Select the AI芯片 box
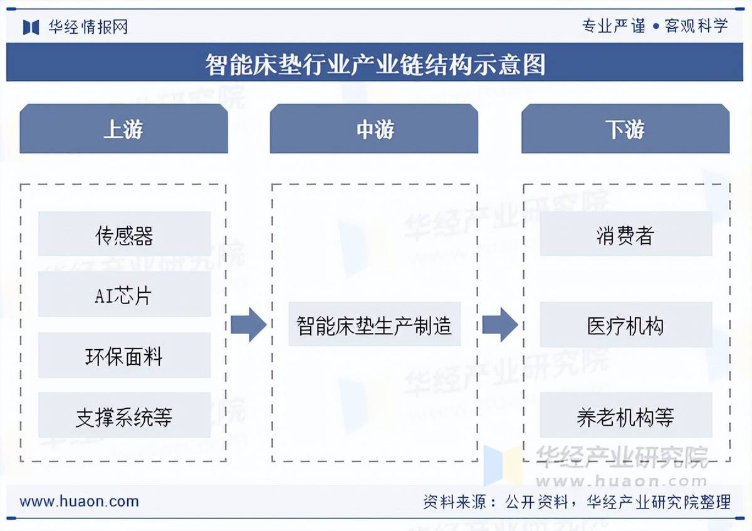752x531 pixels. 124,294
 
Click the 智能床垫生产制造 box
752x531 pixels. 374,324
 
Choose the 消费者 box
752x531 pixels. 625,234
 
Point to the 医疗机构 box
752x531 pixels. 625,325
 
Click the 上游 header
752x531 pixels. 123,129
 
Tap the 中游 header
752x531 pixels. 374,129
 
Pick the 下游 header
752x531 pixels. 625,129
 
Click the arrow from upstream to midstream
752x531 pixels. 249,325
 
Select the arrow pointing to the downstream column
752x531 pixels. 500,325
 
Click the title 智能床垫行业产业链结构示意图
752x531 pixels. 375,63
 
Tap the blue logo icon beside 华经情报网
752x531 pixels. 31,27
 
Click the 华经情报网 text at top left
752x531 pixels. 88,27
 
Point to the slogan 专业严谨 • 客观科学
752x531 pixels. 655,26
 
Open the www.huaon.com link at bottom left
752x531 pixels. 79,501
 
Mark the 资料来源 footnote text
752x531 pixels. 577,502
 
